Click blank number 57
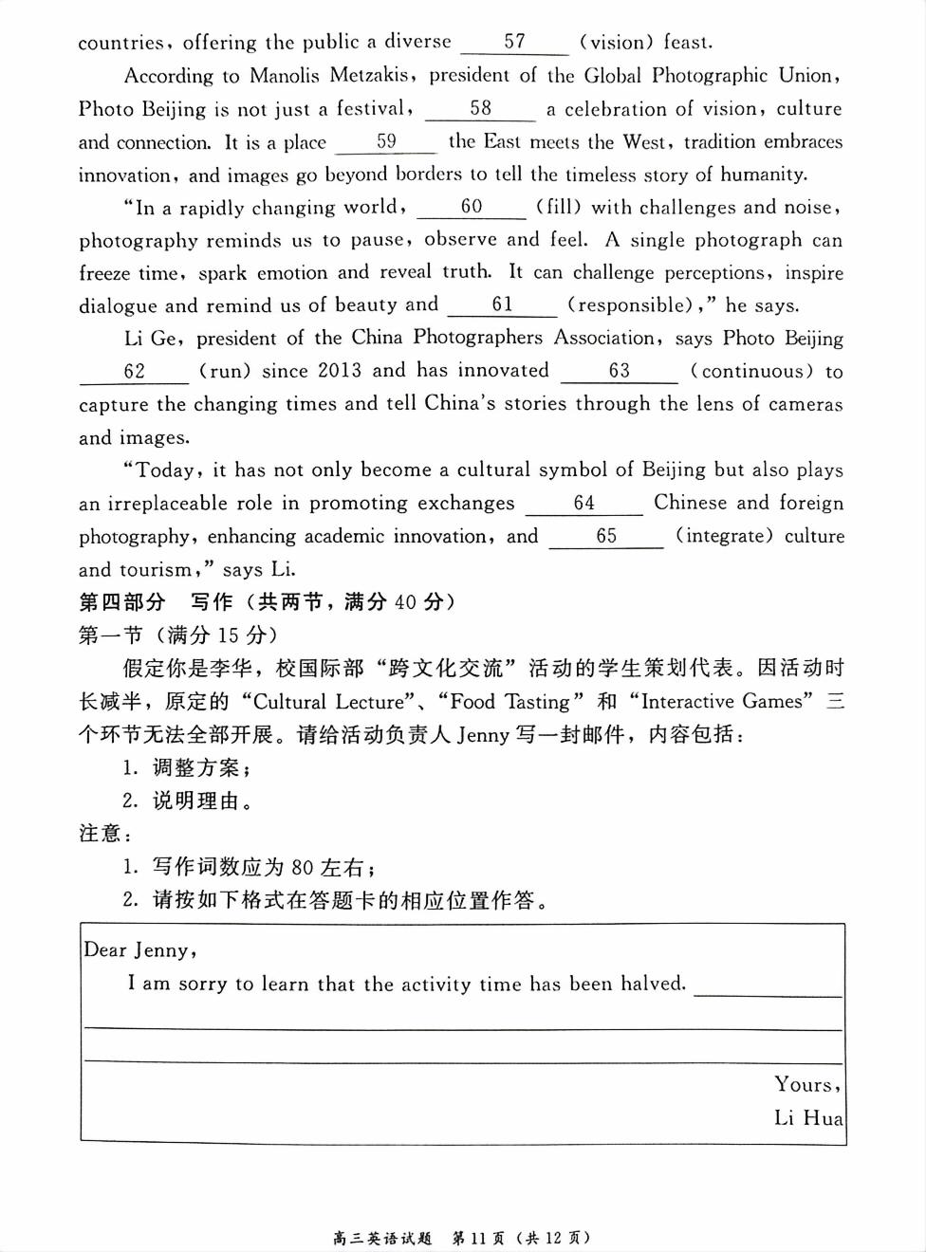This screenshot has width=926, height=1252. [x=514, y=42]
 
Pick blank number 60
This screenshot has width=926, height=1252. [x=472, y=207]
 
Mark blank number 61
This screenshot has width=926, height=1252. [x=502, y=304]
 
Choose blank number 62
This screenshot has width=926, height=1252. [x=135, y=371]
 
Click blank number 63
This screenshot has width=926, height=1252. [x=620, y=371]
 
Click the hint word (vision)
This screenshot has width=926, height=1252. [x=616, y=42]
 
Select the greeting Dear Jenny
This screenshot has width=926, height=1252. [x=139, y=949]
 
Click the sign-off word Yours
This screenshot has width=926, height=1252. [x=806, y=1084]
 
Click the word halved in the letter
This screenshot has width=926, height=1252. [x=653, y=984]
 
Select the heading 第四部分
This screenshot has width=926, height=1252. [x=121, y=602]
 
